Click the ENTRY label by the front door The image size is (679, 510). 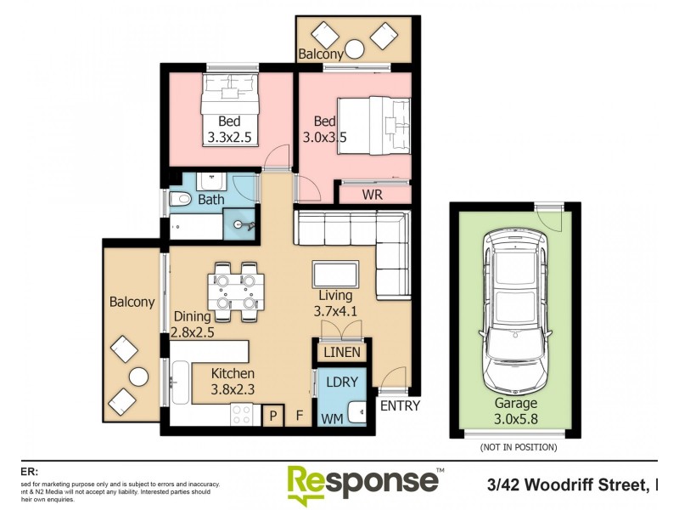(399, 406)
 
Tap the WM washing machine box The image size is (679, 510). (330, 417)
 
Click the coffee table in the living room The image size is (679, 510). (337, 275)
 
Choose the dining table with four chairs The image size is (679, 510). (235, 290)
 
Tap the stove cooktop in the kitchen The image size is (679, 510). (242, 414)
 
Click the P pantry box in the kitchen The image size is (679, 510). (273, 416)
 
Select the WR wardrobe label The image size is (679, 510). (372, 195)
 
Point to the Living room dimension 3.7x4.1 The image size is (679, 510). (336, 311)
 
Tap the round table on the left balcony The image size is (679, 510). (137, 377)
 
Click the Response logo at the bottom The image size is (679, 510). (363, 482)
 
